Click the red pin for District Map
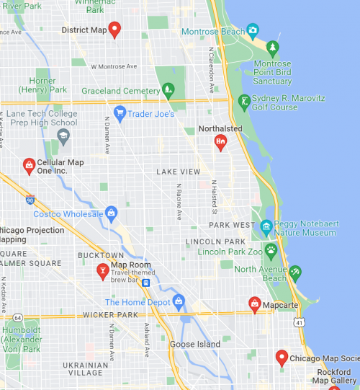click(114, 30)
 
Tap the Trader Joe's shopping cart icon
click(120, 112)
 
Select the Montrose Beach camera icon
click(252, 30)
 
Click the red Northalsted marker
click(221, 142)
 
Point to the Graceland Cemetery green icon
click(168, 91)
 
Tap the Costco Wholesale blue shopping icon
click(111, 213)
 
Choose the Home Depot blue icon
click(179, 301)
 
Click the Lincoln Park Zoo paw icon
click(271, 252)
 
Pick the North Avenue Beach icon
click(294, 272)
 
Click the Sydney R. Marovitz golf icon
click(244, 102)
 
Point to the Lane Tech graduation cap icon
click(63, 135)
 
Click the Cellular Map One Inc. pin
click(29, 167)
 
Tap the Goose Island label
click(194, 344)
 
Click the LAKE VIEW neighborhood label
click(179, 172)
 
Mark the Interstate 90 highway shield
click(29, 197)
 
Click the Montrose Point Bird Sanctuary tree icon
click(272, 48)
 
